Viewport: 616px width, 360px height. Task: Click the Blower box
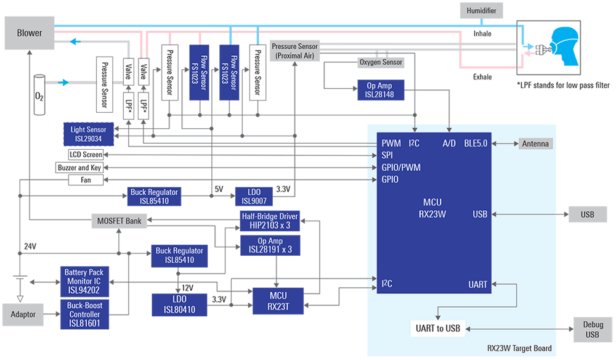click(x=30, y=33)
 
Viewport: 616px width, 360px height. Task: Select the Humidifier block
click(x=482, y=10)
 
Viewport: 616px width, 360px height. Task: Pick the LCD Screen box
click(x=86, y=154)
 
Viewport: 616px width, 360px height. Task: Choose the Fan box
click(x=86, y=180)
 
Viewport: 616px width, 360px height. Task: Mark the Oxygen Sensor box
click(x=381, y=62)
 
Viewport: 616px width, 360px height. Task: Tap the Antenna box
click(x=535, y=144)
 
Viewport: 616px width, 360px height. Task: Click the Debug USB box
click(x=592, y=330)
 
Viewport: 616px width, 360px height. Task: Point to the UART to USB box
click(x=439, y=328)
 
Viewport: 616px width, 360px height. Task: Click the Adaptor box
click(x=23, y=314)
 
